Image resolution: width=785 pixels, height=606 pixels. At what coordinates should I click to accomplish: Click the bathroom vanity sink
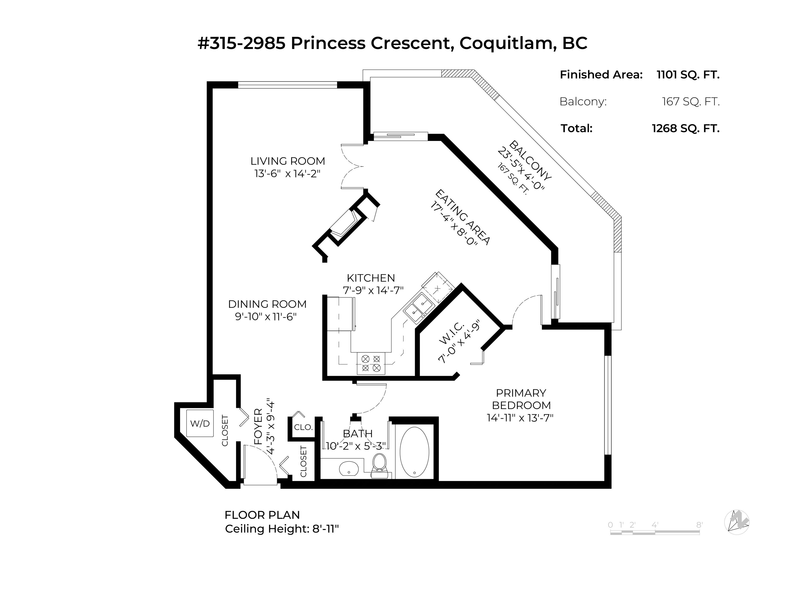(349, 469)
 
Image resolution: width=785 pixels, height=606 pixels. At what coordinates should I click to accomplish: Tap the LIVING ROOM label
(288, 161)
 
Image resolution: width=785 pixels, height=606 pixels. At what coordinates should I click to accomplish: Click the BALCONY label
(530, 160)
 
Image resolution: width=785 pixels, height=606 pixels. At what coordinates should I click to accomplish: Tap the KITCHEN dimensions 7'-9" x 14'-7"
(373, 290)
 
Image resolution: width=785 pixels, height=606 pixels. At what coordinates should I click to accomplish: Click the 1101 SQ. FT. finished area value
(688, 75)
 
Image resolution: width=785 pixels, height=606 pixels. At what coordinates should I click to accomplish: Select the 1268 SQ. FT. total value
(686, 128)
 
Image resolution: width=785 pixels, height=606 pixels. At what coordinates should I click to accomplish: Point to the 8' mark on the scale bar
(699, 525)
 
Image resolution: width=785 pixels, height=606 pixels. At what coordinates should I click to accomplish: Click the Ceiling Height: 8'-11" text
(282, 529)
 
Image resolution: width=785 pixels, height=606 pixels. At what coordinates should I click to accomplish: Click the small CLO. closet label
(303, 427)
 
